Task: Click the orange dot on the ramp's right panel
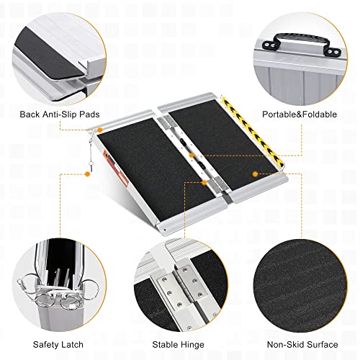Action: coord(254,174)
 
